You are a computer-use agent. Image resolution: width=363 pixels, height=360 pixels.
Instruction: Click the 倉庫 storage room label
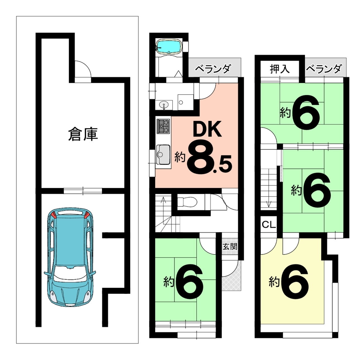coord(83,134)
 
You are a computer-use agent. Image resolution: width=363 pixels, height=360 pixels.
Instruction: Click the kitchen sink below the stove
coord(163,154)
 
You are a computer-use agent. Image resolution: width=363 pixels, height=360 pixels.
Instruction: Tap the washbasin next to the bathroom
coord(164,105)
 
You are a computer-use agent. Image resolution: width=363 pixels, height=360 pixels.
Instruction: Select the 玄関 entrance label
coord(230,246)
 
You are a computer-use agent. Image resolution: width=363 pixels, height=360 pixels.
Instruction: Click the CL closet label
coord(269,225)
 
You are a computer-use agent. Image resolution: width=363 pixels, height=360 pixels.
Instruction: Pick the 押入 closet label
coord(280,69)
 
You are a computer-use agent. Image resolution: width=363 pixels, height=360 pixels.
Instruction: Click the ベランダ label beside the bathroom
coord(212,69)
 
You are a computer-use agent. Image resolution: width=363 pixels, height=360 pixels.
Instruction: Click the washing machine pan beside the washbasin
coord(186,102)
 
